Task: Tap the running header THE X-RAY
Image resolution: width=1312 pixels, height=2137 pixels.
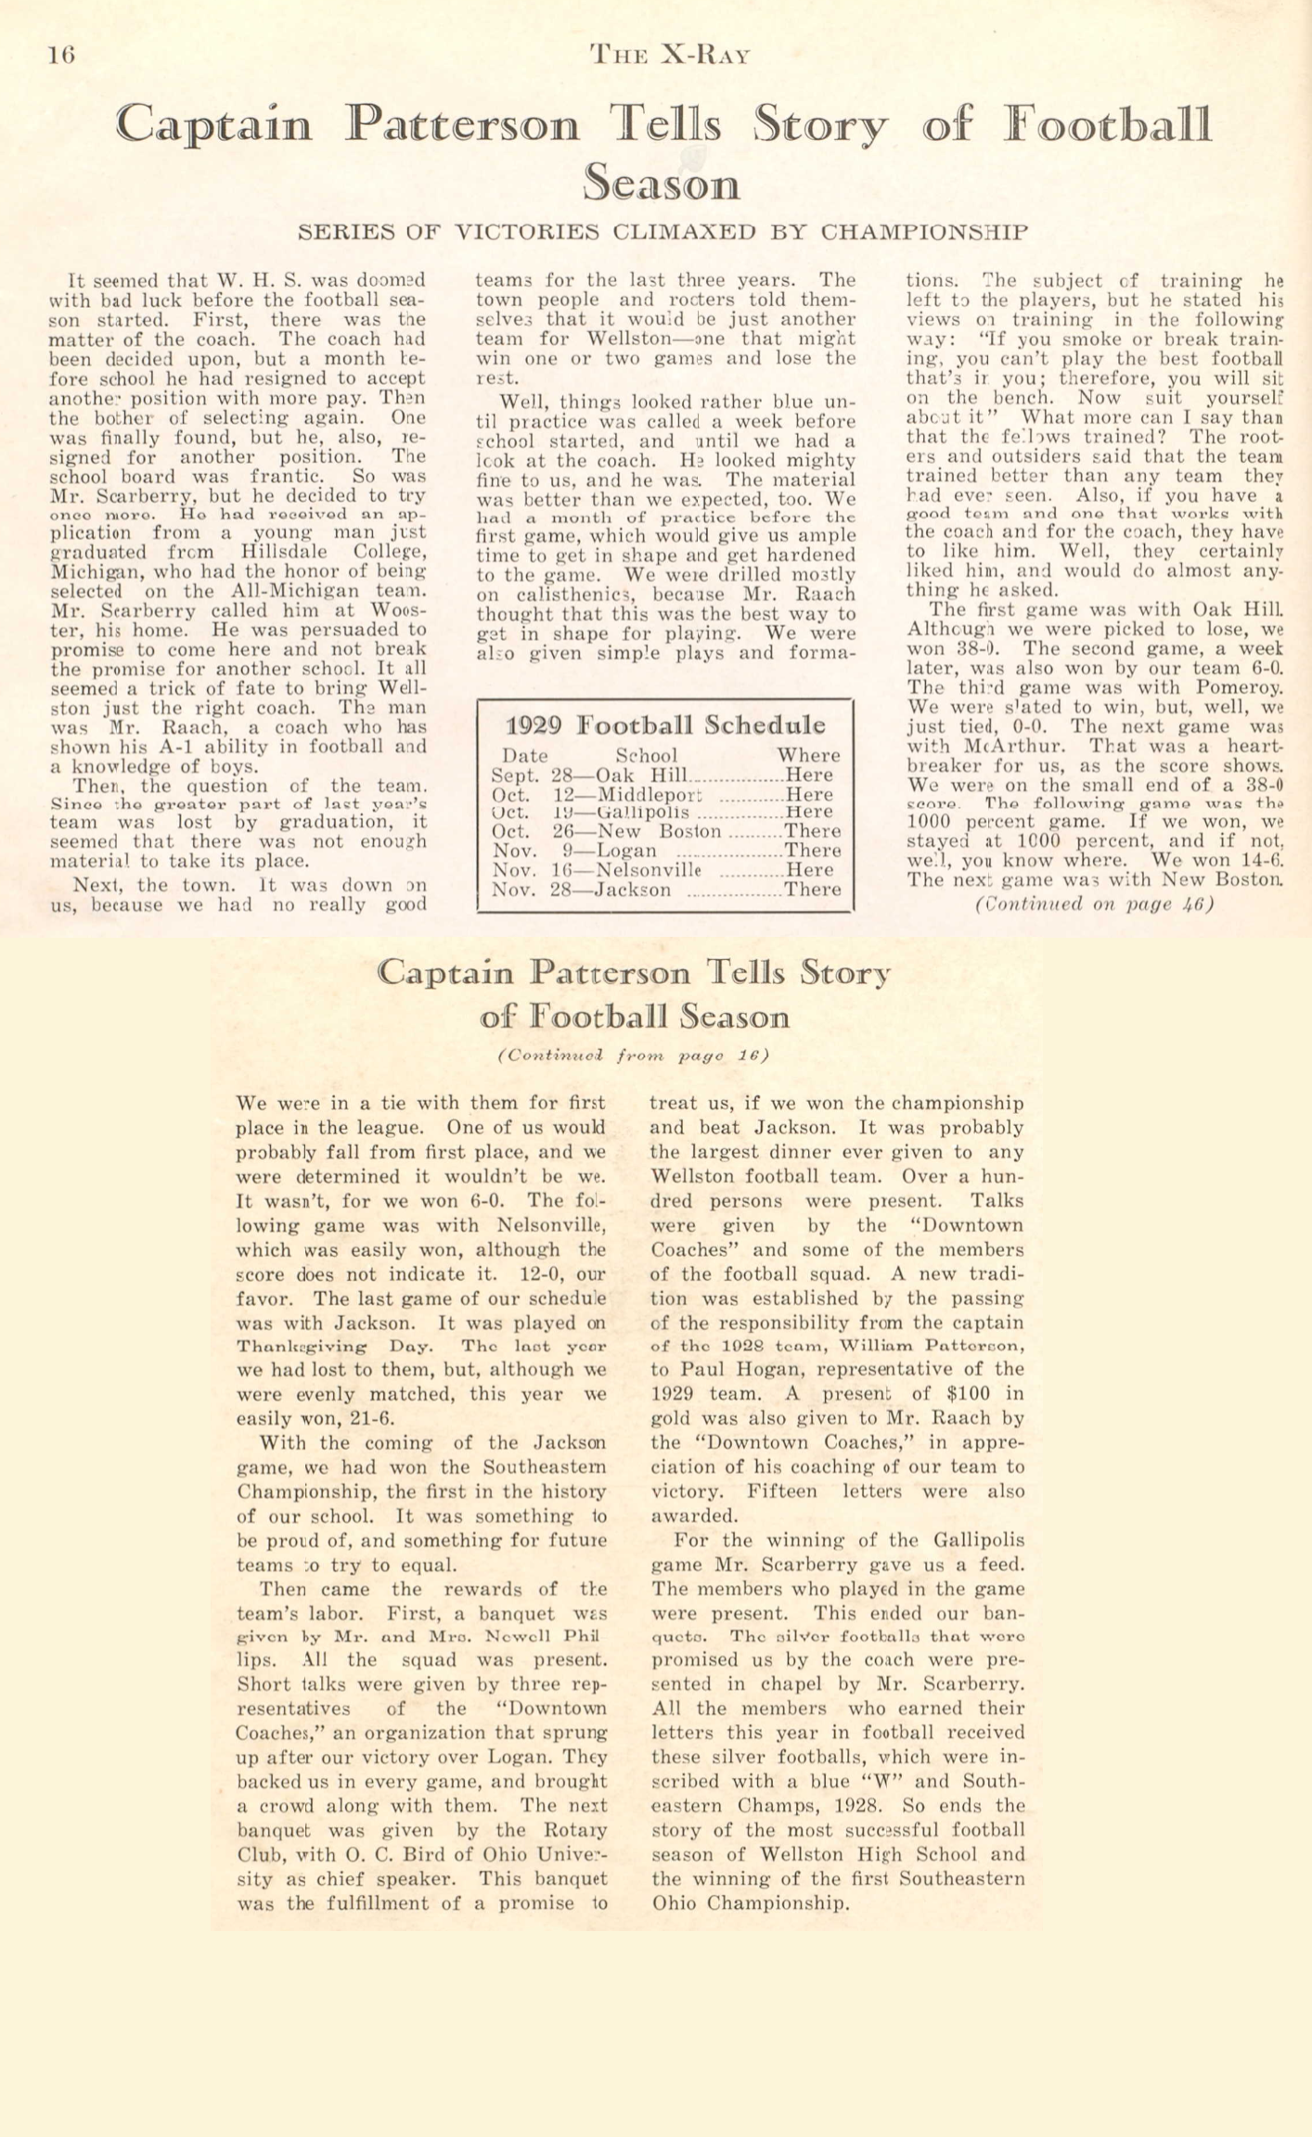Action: (669, 55)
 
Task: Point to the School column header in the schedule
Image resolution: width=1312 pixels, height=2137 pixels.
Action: (646, 755)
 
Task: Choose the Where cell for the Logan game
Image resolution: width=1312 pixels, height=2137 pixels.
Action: (813, 851)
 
